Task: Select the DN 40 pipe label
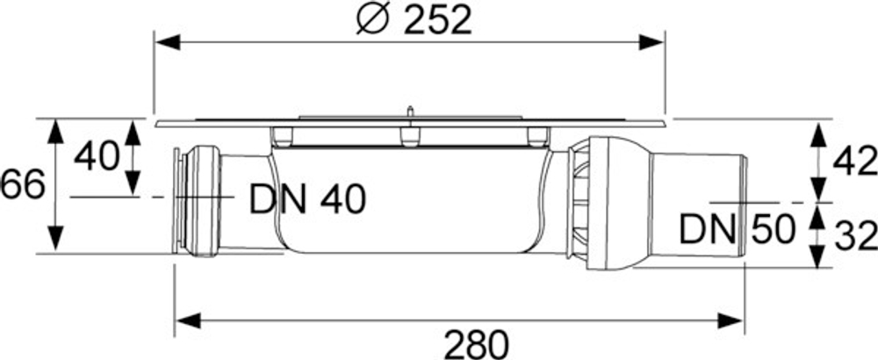tap(306, 201)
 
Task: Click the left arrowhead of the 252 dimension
tap(167, 41)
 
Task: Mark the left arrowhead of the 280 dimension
tap(187, 320)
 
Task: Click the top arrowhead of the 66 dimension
tap(55, 131)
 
